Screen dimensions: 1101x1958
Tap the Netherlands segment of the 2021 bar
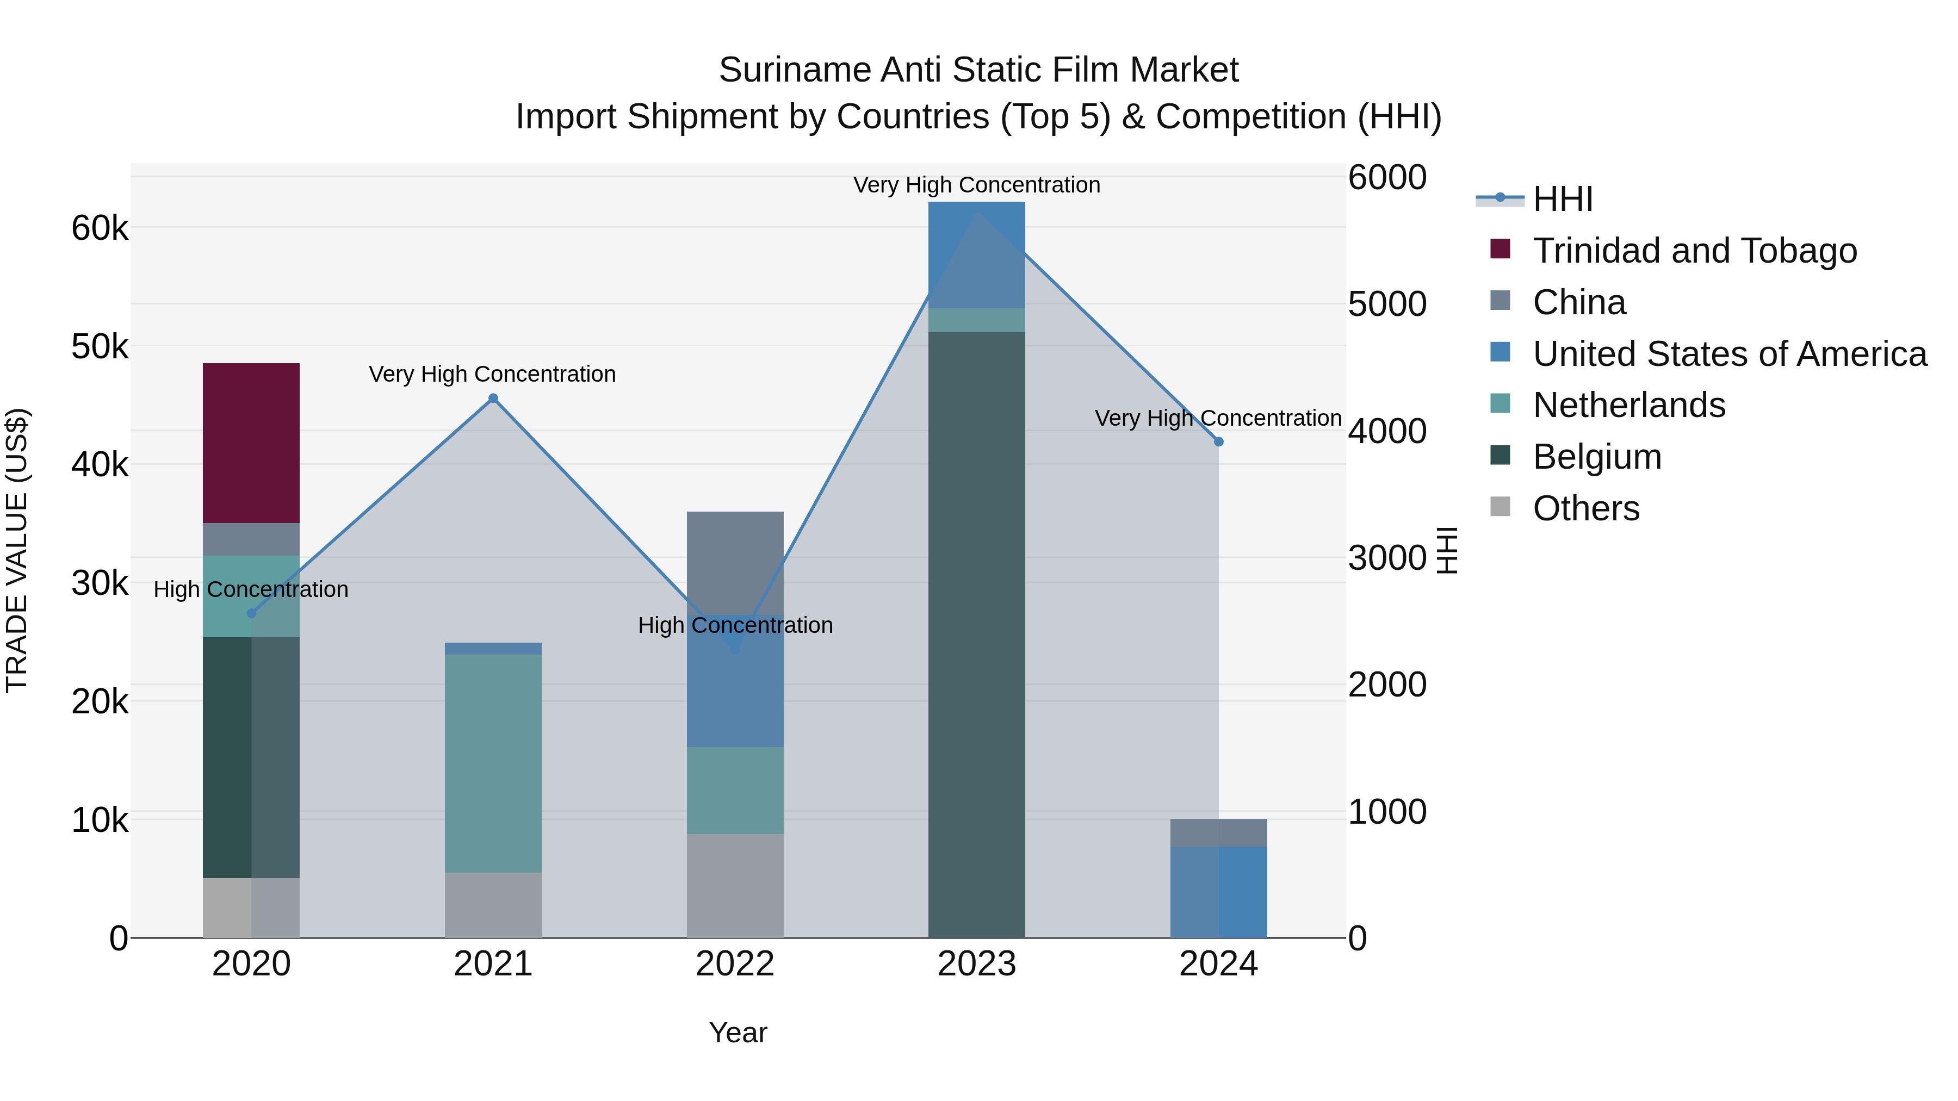pyautogui.click(x=493, y=763)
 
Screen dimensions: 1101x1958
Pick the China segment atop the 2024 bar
pyautogui.click(x=1218, y=833)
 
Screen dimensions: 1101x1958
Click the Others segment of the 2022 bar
pyautogui.click(x=735, y=886)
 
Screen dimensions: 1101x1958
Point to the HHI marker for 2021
pyautogui.click(x=493, y=398)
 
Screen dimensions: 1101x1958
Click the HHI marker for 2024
pyautogui.click(x=1218, y=441)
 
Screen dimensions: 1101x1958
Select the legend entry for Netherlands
pyautogui.click(x=1629, y=405)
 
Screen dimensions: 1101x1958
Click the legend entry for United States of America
pyautogui.click(x=1729, y=354)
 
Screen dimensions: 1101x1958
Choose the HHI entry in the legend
pyautogui.click(x=1562, y=199)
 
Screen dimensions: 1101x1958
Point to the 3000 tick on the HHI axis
pyautogui.click(x=1387, y=558)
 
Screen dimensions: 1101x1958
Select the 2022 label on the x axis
pyautogui.click(x=735, y=964)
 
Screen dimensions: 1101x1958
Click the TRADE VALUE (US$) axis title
pyautogui.click(x=17, y=550)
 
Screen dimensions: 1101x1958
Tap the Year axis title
pyautogui.click(x=738, y=1032)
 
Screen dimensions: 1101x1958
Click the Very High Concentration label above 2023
pyautogui.click(x=977, y=185)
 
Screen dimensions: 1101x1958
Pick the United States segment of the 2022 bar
pyautogui.click(x=735, y=681)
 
